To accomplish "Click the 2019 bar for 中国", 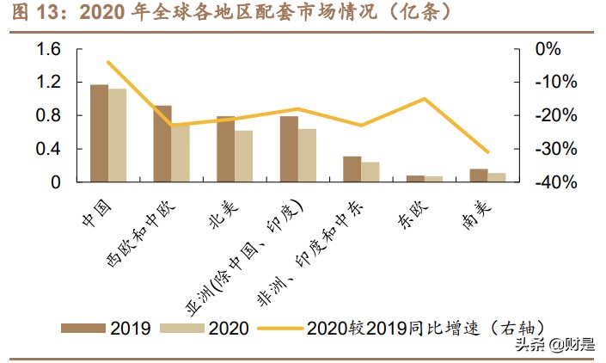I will (99, 133).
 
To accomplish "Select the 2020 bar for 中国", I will (117, 136).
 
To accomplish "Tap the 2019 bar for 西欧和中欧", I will (162, 144).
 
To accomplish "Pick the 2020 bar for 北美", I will (243, 156).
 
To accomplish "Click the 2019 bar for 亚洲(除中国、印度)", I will (289, 149).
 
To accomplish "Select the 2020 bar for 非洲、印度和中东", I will (370, 172).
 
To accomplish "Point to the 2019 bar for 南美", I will (478, 175).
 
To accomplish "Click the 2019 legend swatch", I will (83, 328).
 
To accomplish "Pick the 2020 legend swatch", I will (183, 328).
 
